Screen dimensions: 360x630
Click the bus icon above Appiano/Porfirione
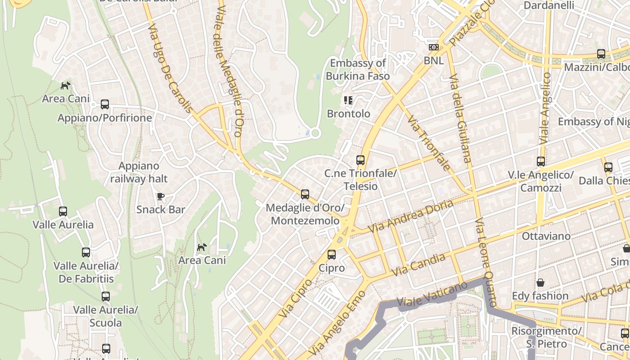pyautogui.click(x=105, y=104)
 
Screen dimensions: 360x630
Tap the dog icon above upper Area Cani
pyautogui.click(x=66, y=85)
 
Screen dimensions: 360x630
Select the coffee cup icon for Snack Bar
pyautogui.click(x=160, y=196)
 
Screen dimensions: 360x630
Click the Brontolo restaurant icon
pyautogui.click(x=348, y=100)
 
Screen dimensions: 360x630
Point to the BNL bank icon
pyautogui.click(x=433, y=47)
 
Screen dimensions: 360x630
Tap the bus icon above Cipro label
pyautogui.click(x=332, y=255)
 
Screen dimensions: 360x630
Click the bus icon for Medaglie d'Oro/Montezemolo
pyautogui.click(x=305, y=194)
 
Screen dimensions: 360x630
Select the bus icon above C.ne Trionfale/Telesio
pyautogui.click(x=360, y=160)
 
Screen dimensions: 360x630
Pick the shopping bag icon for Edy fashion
pyautogui.click(x=540, y=283)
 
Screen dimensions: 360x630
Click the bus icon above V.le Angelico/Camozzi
pyautogui.click(x=540, y=161)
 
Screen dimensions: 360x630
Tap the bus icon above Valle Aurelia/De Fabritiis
pyautogui.click(x=86, y=252)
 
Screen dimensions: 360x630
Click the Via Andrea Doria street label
pyautogui.click(x=410, y=216)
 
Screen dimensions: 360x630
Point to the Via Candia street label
pyautogui.click(x=418, y=265)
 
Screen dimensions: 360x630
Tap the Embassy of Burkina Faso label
pyautogui.click(x=358, y=69)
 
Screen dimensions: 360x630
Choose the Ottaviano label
pyautogui.click(x=546, y=236)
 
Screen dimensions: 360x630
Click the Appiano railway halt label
pyautogui.click(x=139, y=172)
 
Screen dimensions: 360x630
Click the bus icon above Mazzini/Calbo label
pyautogui.click(x=601, y=54)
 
